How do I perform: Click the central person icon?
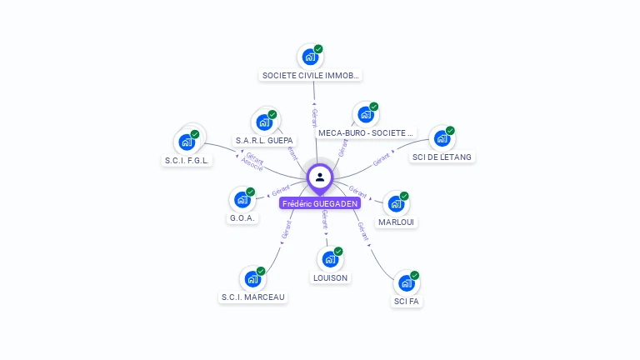pos(320,177)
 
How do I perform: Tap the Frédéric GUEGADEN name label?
pos(320,203)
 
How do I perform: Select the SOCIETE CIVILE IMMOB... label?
pos(311,75)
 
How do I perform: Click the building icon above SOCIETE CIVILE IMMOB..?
pos(310,57)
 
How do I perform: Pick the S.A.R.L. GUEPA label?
pos(264,140)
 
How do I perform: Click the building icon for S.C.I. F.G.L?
pos(187,142)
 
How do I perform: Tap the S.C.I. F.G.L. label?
pos(187,160)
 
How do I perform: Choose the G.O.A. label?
pos(243,218)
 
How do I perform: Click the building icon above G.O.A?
pos(242,200)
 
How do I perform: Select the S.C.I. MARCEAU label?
pos(252,297)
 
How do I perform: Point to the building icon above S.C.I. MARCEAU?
pos(252,279)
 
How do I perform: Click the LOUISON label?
pos(331,277)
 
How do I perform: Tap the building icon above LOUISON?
pos(330,259)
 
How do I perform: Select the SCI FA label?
pos(407,301)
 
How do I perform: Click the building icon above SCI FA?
pos(406,283)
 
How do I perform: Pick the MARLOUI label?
pos(397,222)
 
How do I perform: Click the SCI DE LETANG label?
pos(442,157)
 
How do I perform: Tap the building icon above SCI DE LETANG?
pos(442,138)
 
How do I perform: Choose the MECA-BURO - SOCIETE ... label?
pos(366,132)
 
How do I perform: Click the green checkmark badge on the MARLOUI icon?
pos(404,196)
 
